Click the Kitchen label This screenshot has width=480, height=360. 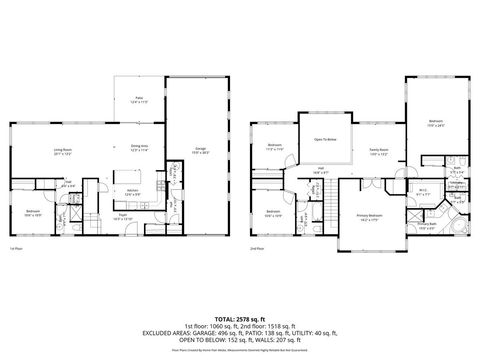[x=131, y=190]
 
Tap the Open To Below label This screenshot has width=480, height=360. [x=325, y=141]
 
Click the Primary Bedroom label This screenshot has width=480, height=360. [x=370, y=217]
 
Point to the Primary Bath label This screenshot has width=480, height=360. [x=427, y=225]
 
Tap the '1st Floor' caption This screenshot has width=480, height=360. [x=15, y=247]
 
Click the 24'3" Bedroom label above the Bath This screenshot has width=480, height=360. [x=438, y=126]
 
